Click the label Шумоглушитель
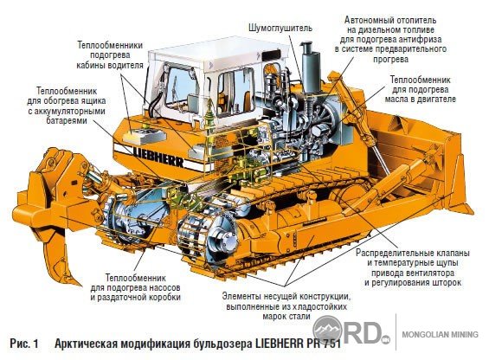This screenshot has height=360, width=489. tap(280, 28)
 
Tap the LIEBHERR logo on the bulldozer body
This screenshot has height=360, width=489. tap(158, 157)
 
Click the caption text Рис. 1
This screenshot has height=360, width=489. tap(24, 344)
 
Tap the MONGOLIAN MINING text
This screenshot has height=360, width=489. tap(440, 334)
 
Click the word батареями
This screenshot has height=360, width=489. tap(67, 120)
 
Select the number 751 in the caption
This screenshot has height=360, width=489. tap(331, 344)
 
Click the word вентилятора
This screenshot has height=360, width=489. tap(432, 273)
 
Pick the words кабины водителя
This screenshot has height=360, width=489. tap(110, 65)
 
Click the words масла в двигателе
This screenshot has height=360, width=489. tap(420, 99)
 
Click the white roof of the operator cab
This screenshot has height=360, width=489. tap(218, 56)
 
